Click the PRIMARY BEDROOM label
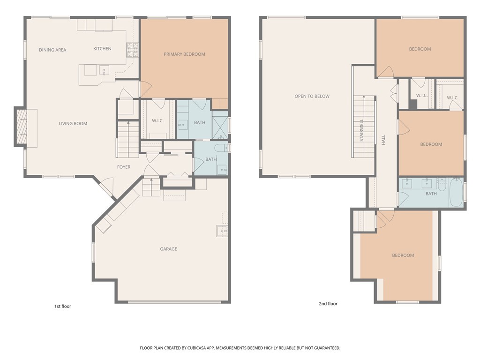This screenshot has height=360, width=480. point(184,54)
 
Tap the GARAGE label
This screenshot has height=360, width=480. point(168,249)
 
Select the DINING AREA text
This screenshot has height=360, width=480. point(52,50)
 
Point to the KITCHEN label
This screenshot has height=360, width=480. point(102,49)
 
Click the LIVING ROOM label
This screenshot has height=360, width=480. point(73,124)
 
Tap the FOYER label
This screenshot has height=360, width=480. point(124,167)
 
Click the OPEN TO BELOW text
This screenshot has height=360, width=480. point(312,97)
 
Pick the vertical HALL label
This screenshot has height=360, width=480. point(383,139)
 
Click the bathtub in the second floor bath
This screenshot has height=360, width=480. point(456,193)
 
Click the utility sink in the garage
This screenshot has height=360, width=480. point(222,231)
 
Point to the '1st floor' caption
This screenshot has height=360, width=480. point(63,307)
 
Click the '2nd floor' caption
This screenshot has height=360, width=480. point(328,304)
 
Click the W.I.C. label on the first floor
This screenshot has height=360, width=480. point(157,121)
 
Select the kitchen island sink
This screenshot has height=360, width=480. point(103,70)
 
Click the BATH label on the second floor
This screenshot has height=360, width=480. point(431,194)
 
